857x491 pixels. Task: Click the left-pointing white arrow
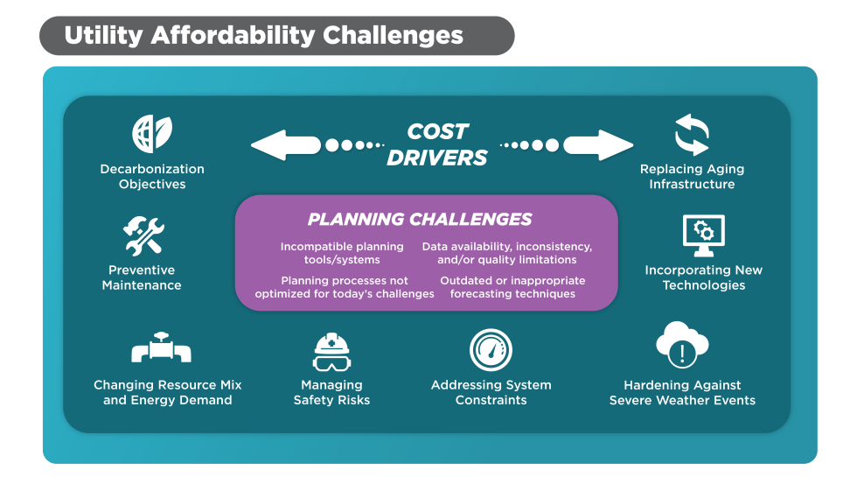click(285, 145)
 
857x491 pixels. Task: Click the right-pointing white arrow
click(598, 145)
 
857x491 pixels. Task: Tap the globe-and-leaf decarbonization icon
click(152, 133)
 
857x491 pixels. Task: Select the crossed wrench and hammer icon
click(143, 235)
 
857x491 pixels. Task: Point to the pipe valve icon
click(161, 347)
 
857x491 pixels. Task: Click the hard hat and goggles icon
click(331, 352)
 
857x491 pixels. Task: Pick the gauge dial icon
click(491, 350)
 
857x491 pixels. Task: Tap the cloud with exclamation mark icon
click(682, 345)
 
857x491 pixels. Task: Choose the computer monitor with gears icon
click(704, 235)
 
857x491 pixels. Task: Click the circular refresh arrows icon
click(692, 135)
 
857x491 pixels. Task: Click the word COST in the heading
click(437, 131)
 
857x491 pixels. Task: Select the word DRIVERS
click(436, 158)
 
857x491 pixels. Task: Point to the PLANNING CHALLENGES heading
click(420, 220)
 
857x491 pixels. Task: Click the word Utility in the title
click(104, 36)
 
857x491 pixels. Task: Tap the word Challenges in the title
click(393, 36)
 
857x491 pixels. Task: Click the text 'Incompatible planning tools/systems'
click(342, 253)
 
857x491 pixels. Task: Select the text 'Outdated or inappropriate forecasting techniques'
click(512, 287)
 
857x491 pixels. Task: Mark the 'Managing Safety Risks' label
click(331, 393)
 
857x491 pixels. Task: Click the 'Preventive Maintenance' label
click(142, 277)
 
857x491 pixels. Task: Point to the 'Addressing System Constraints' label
click(491, 393)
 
